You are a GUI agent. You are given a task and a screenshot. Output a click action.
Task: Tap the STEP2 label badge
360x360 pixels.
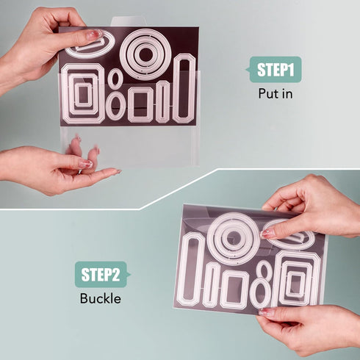tap(102, 274)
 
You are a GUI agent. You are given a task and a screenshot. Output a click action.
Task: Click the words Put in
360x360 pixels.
tap(276, 93)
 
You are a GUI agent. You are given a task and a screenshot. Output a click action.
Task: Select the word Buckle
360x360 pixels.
tap(101, 298)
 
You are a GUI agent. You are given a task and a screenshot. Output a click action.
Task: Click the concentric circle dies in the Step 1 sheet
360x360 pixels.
tap(145, 33)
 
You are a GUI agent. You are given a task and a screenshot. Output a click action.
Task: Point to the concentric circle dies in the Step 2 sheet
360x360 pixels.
tap(233, 217)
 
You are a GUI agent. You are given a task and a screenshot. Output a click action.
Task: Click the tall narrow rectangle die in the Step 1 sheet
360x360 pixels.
tap(184, 57)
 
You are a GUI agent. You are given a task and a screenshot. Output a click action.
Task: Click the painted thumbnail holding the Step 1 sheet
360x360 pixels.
tap(94, 35)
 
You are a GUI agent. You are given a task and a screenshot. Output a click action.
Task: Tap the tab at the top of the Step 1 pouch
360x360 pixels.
tap(127, 21)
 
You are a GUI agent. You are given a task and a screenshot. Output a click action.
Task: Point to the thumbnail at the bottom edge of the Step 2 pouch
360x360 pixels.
tap(266, 312)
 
